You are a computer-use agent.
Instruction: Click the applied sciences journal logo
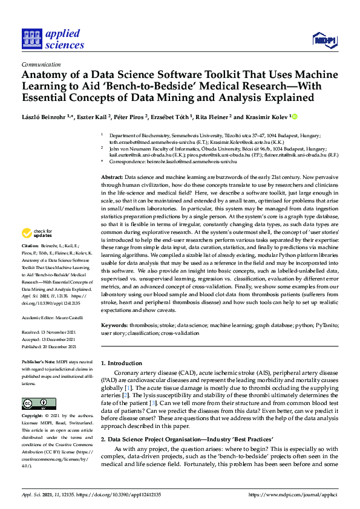[53, 38]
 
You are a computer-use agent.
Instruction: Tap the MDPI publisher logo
[324, 40]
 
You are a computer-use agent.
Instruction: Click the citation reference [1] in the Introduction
[128, 386]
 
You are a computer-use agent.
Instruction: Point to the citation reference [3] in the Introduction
[171, 402]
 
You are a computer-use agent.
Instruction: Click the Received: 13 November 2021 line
[49, 332]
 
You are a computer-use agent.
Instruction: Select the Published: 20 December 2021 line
[48, 346]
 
